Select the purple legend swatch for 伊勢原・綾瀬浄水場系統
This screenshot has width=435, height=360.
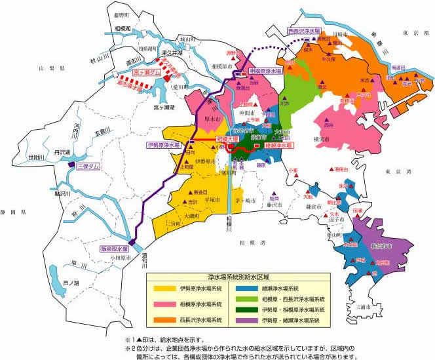[248, 319]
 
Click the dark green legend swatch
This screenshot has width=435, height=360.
[248, 309]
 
